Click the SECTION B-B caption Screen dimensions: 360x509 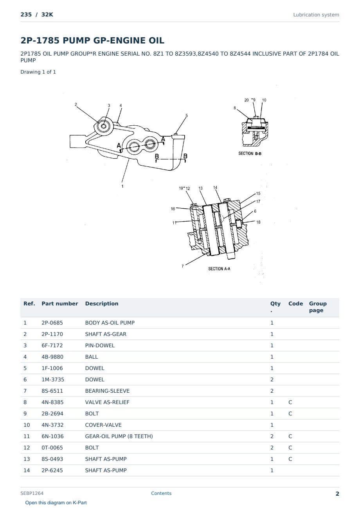(250, 153)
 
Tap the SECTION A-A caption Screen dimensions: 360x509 (219, 269)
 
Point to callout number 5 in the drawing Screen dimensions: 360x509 (187, 116)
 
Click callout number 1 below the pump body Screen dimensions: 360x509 (122, 186)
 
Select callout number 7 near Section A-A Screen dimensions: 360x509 (183, 266)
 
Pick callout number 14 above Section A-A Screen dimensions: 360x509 (215, 188)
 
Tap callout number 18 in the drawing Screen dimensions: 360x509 (258, 222)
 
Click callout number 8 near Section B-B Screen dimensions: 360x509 (235, 108)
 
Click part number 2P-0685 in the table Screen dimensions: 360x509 (52, 323)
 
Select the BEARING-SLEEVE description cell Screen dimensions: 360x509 (107, 391)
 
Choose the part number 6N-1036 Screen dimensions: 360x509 (52, 436)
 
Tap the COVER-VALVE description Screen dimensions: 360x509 (103, 425)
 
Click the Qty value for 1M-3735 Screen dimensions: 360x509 (272, 379)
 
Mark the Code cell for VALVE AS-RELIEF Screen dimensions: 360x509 (290, 402)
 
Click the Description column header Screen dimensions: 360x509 (102, 303)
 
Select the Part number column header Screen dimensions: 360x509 (60, 303)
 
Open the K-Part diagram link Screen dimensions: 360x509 (56, 503)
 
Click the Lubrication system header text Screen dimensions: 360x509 (316, 15)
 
